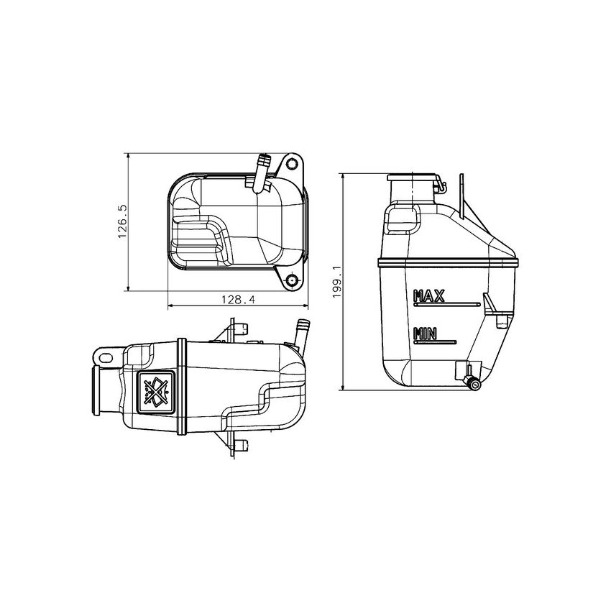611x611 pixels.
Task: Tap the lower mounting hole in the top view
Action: (292, 280)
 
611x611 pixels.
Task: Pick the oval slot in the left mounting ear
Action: (107, 356)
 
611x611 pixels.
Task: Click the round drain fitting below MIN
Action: (472, 383)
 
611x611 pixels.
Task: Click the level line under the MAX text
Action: (446, 304)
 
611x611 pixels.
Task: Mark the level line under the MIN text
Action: (436, 341)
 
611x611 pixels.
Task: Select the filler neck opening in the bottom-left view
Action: (96, 390)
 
